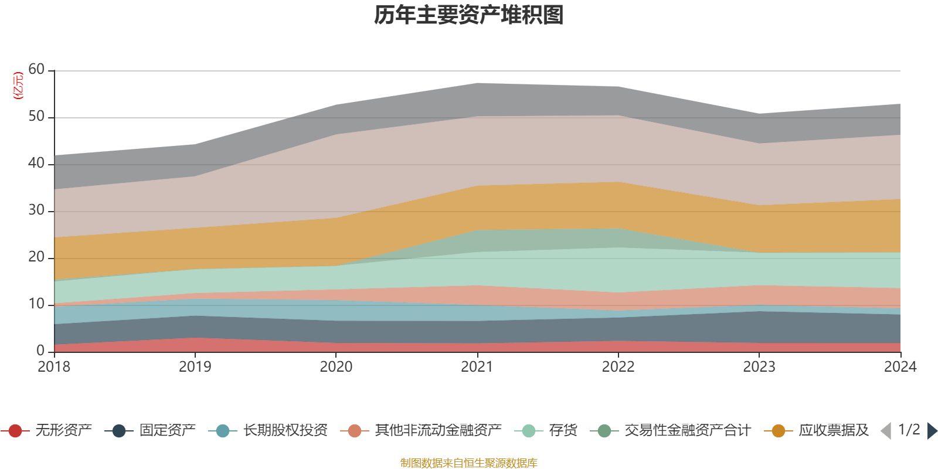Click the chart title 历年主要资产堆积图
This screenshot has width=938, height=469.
469,15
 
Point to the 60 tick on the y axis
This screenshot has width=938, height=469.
36,70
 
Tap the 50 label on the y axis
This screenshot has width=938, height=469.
36,117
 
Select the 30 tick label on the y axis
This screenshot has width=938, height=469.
36,210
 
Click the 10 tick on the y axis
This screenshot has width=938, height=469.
36,304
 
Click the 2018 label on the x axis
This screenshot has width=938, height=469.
54,367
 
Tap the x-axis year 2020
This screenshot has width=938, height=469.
336,367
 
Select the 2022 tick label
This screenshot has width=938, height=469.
618,367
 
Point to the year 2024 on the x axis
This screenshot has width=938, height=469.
900,367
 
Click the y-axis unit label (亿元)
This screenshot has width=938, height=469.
18,86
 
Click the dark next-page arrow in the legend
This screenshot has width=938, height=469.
932,431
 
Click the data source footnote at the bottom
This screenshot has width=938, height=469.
468,463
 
